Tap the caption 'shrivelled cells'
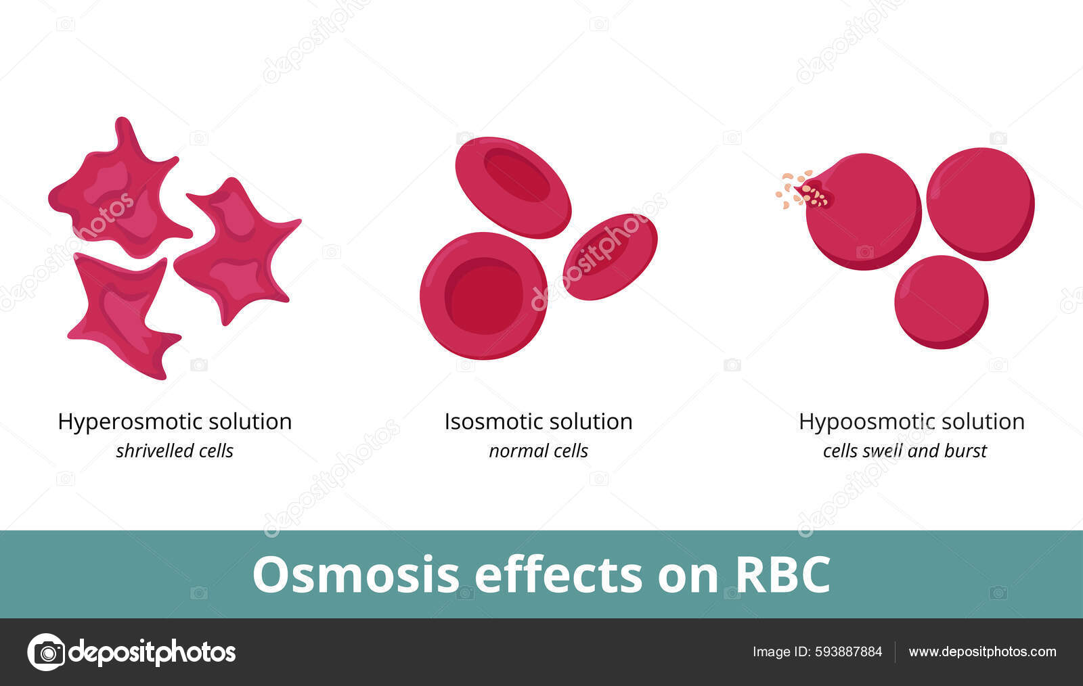175,451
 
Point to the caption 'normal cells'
538,451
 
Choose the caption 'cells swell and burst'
904,451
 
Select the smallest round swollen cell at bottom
941,302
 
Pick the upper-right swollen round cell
980,203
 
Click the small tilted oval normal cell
610,256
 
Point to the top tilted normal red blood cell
513,187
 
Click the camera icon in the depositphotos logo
45,652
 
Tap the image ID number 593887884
849,652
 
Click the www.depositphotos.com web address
982,652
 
